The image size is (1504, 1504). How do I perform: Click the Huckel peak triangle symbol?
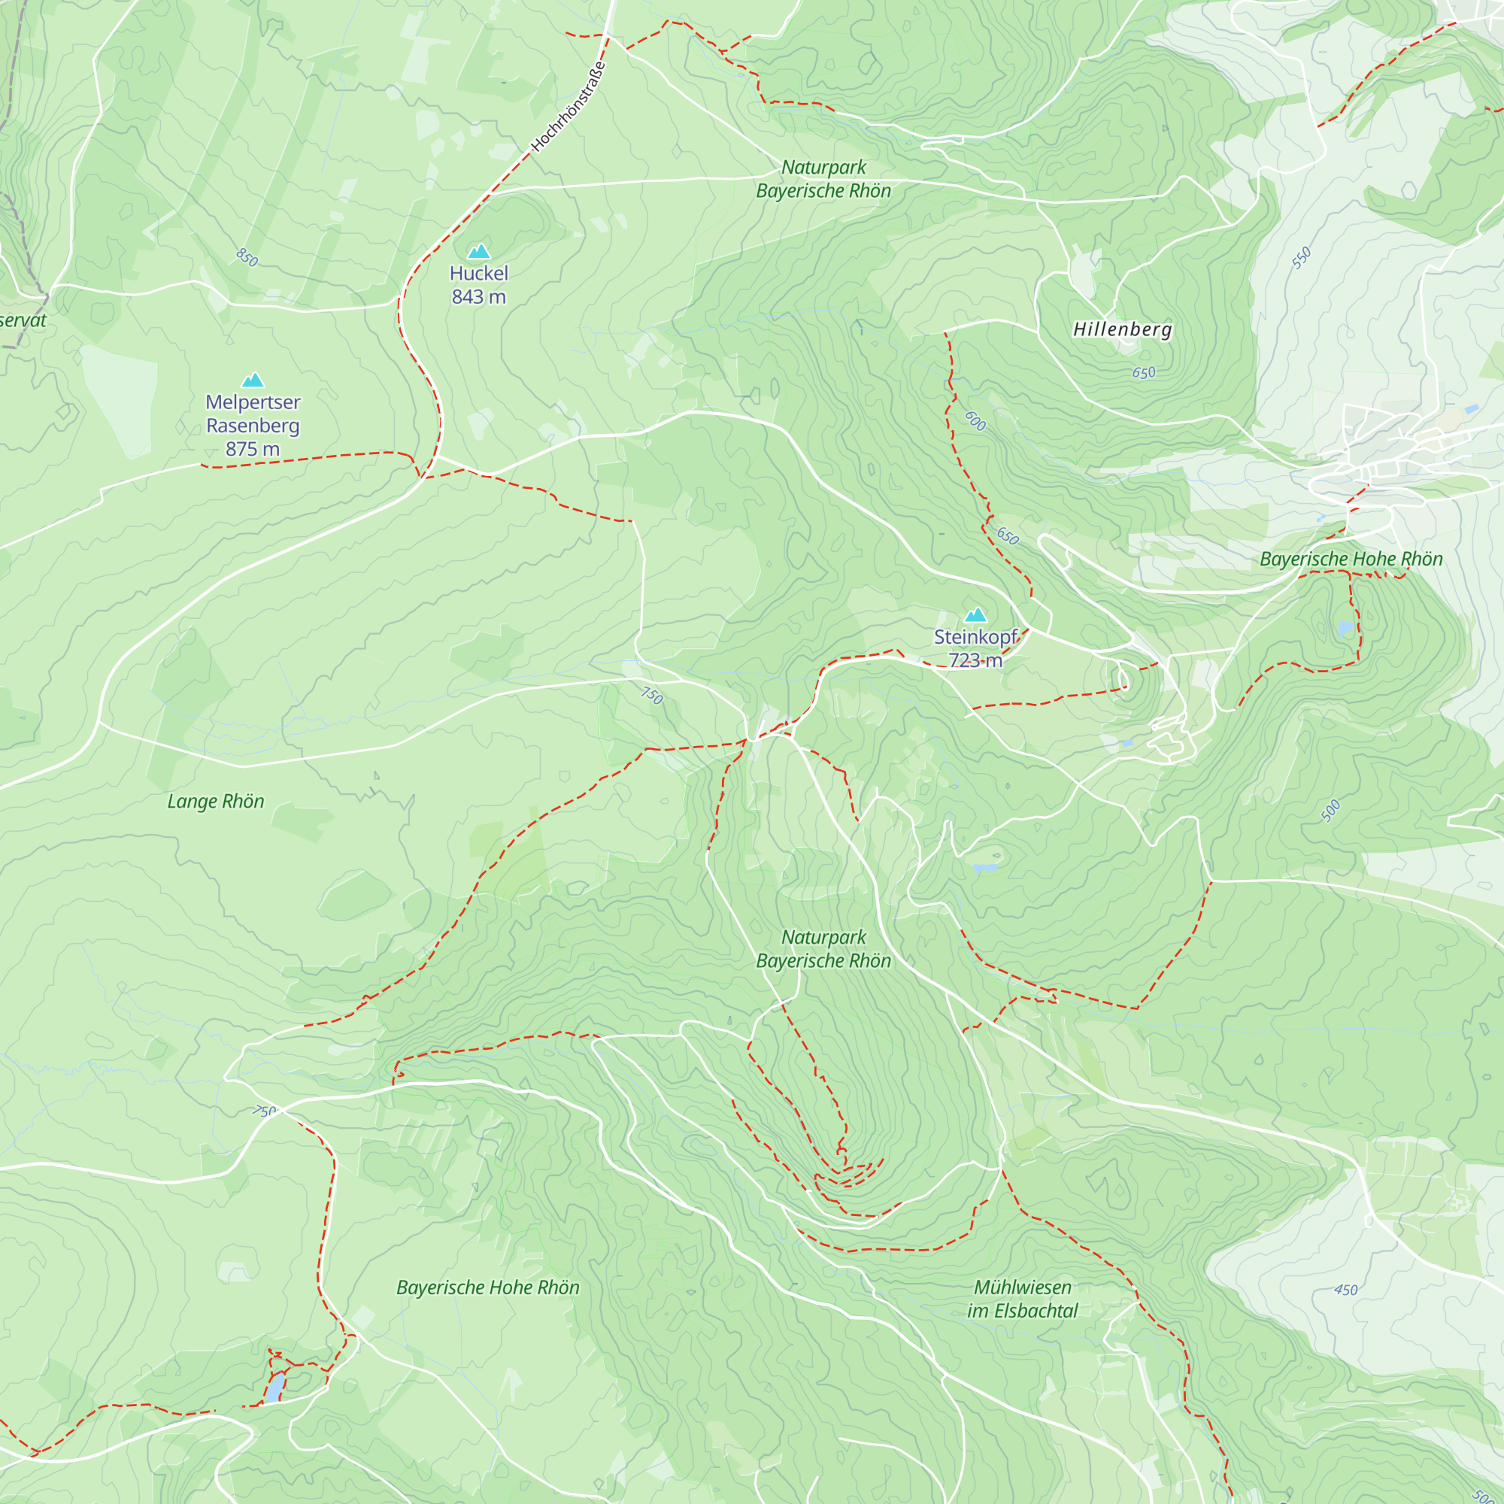point(479,250)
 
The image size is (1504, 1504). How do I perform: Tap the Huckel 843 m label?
point(479,285)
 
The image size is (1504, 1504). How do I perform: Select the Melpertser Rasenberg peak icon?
point(252,380)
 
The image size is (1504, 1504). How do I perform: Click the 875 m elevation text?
point(252,449)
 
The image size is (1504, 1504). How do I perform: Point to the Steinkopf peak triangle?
point(975,615)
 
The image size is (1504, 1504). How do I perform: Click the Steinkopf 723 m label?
point(975,648)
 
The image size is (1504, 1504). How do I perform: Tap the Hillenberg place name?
point(1123,329)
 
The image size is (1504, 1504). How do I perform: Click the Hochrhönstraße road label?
point(569,106)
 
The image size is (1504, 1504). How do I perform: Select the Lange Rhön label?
point(216,802)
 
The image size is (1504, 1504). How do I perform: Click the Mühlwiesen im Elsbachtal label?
point(1022,1299)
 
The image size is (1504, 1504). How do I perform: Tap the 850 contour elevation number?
point(247,258)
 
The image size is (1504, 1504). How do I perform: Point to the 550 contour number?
point(1302,258)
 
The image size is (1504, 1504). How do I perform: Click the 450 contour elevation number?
point(1346,1290)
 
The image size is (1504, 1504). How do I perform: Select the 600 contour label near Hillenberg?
point(975,421)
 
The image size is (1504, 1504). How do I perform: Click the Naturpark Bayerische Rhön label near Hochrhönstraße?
point(823,179)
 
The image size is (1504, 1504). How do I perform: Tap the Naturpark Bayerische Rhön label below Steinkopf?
point(823,949)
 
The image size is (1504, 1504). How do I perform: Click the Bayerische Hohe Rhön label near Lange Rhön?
point(488,1287)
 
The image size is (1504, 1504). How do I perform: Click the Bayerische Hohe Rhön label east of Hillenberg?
point(1351,559)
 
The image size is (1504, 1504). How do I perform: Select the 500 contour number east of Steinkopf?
point(1331,811)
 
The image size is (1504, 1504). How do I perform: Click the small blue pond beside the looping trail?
point(275,1387)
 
